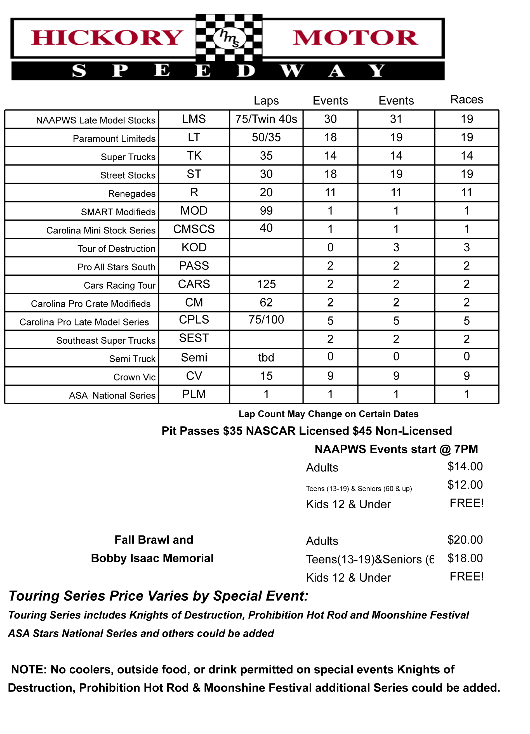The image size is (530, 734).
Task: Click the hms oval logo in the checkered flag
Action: click(229, 38)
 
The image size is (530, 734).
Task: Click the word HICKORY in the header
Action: click(107, 38)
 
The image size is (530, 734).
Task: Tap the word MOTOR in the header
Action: click(355, 38)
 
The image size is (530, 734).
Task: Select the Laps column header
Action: click(266, 101)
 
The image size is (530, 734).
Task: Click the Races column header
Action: click(467, 99)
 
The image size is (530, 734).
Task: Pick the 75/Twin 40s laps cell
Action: click(266, 119)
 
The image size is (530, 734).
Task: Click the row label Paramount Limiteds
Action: click(114, 138)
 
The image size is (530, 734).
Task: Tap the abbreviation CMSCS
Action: click(194, 229)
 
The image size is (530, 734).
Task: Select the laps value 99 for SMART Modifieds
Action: click(266, 211)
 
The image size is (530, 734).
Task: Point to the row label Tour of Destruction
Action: click(116, 249)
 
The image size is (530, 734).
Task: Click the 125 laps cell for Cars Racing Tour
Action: click(266, 284)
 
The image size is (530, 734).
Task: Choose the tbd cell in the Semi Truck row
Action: click(266, 358)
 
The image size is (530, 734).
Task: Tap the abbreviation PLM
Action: click(194, 394)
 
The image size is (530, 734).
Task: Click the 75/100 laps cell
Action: click(266, 320)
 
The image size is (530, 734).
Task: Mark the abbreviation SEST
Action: click(194, 338)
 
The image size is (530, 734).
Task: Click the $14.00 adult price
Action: click(465, 466)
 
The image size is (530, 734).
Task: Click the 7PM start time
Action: click(466, 449)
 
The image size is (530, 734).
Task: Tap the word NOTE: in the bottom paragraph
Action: click(29, 669)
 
